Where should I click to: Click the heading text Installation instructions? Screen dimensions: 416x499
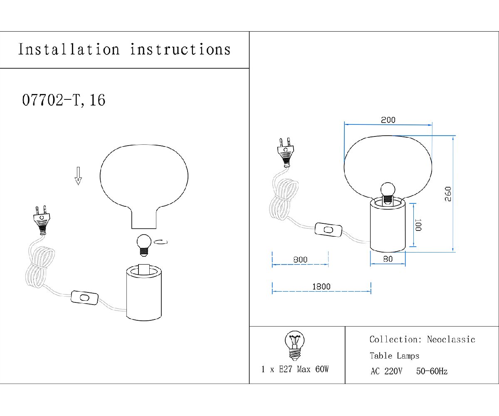point(124,50)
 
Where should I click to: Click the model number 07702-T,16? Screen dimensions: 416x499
point(63,100)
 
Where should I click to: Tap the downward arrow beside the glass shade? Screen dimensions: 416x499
point(78,176)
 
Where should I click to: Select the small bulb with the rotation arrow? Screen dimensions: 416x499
point(144,244)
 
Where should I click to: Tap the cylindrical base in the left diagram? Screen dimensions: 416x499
point(144,293)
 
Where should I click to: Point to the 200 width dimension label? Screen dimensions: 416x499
point(388,120)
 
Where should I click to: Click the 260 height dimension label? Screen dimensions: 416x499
point(447,194)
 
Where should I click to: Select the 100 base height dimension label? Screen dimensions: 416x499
point(418,225)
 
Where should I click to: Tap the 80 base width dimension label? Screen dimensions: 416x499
point(388,259)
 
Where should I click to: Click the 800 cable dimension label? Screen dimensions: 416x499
point(300,260)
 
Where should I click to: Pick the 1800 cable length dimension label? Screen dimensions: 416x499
point(321,287)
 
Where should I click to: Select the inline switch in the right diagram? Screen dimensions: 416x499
point(329,230)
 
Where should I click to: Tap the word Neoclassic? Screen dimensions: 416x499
point(451,339)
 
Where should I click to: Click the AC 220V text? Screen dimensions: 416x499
point(386,371)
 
